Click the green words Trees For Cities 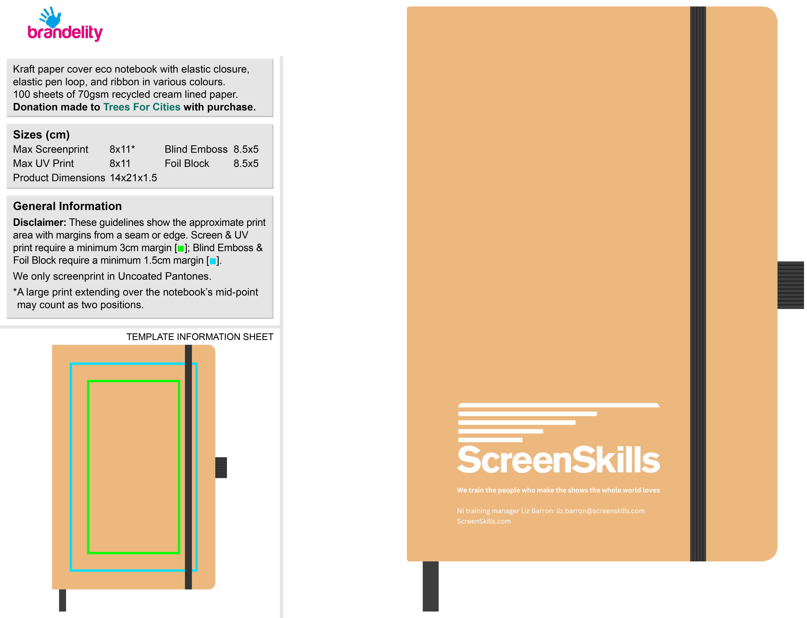pyautogui.click(x=142, y=107)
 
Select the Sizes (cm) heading pyautogui.click(x=41, y=135)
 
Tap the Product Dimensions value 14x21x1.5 pyautogui.click(x=133, y=178)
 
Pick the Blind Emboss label pyautogui.click(x=196, y=149)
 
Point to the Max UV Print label pyautogui.click(x=43, y=163)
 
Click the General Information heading pyautogui.click(x=67, y=206)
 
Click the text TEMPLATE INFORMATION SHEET pyautogui.click(x=200, y=337)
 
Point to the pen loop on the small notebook pyautogui.click(x=221, y=467)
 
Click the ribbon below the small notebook pyautogui.click(x=63, y=600)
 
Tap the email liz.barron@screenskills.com pyautogui.click(x=600, y=511)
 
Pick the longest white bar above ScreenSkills pyautogui.click(x=559, y=405)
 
